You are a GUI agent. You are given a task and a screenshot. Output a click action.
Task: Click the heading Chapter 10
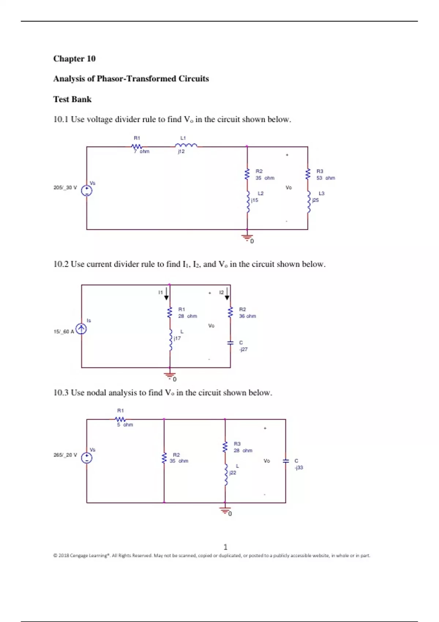coord(74,59)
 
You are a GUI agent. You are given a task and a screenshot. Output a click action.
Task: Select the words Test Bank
coord(72,100)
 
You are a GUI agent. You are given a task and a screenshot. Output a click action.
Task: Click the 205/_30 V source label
coord(65,188)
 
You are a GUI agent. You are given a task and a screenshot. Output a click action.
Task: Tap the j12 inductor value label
coord(181,151)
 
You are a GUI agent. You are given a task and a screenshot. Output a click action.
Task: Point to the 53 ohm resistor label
coord(326,178)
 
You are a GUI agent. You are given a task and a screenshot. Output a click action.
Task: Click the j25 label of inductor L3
coord(315,200)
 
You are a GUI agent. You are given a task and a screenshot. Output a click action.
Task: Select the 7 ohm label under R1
coord(142,151)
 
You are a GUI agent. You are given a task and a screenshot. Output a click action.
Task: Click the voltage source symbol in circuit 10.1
coord(87,190)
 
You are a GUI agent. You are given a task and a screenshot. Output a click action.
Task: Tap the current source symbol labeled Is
coord(81,329)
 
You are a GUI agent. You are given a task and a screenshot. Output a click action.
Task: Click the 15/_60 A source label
coord(64,332)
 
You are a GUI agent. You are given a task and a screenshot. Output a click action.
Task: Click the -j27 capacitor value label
coord(243,349)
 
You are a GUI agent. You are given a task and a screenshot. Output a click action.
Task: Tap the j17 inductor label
coord(177,338)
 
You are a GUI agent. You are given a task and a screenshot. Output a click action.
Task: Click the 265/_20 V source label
coord(65,455)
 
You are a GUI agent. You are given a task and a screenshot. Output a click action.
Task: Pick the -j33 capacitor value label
coord(299,468)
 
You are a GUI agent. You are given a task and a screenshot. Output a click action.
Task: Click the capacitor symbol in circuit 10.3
coord(286,461)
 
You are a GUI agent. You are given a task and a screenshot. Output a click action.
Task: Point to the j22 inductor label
coord(233,473)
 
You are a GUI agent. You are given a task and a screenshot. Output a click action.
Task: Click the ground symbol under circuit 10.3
coord(225,510)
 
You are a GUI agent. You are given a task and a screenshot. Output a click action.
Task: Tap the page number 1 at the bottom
coord(225,547)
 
